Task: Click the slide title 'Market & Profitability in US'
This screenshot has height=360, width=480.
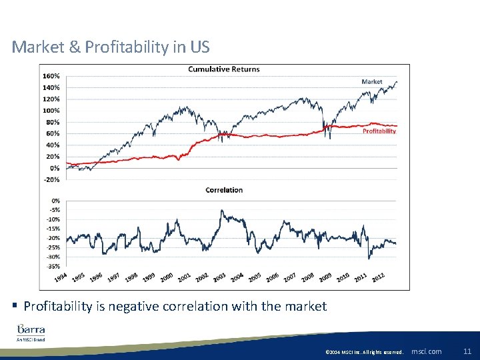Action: pyautogui.click(x=111, y=47)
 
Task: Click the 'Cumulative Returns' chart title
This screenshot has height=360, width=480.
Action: pyautogui.click(x=224, y=69)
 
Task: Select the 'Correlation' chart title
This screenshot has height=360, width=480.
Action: pyautogui.click(x=224, y=190)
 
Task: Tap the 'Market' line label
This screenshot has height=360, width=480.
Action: pyautogui.click(x=372, y=81)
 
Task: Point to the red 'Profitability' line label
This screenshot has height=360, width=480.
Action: pyautogui.click(x=379, y=131)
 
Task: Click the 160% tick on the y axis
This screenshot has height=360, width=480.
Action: pyautogui.click(x=51, y=75)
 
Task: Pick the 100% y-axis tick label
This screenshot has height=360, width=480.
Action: pyautogui.click(x=51, y=110)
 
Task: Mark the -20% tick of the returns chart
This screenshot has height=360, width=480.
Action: pyautogui.click(x=51, y=179)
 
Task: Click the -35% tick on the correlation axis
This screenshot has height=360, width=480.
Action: pyautogui.click(x=53, y=266)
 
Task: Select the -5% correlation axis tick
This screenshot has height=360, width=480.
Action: pyautogui.click(x=54, y=210)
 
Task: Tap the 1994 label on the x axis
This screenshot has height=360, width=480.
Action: pyautogui.click(x=61, y=277)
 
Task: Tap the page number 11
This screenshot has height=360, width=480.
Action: pyautogui.click(x=467, y=351)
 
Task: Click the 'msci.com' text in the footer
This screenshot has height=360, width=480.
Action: pyautogui.click(x=427, y=351)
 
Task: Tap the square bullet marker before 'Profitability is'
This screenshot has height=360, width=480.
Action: pyautogui.click(x=15, y=306)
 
